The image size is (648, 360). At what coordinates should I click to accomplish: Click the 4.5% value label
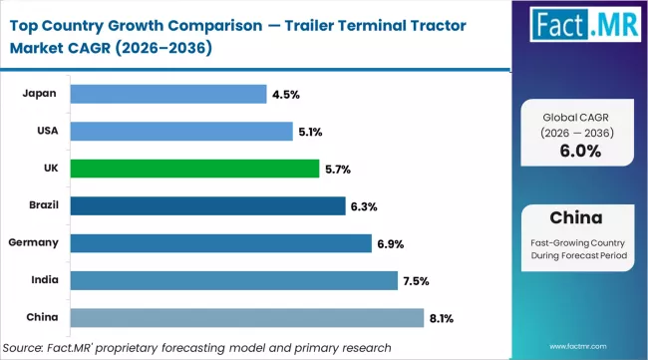[285, 95]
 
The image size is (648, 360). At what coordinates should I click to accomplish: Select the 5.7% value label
[338, 169]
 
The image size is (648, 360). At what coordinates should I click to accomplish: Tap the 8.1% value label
[442, 318]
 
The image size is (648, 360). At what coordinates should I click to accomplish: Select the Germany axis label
[33, 242]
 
